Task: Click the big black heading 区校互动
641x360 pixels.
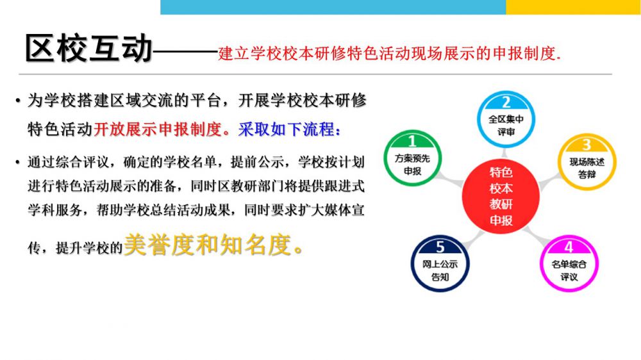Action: [x=88, y=48]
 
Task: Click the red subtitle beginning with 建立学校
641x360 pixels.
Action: [x=389, y=54]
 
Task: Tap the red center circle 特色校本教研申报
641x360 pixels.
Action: [x=501, y=197]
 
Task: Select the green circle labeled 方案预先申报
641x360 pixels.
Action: [x=412, y=158]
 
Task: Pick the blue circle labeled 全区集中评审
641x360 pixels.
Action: [x=506, y=119]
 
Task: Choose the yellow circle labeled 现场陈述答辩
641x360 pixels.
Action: [x=587, y=162]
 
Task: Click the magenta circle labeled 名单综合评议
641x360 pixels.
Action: [x=569, y=263]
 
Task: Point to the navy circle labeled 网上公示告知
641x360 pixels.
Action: [x=440, y=263]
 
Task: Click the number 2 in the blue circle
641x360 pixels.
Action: [x=506, y=102]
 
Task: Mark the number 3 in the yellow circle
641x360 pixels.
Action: [x=587, y=145]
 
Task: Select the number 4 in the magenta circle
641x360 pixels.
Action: [x=569, y=247]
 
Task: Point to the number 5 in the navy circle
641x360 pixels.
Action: [x=440, y=247]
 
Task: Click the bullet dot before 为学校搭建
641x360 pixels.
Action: [x=17, y=101]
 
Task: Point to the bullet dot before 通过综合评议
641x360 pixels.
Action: [x=17, y=163]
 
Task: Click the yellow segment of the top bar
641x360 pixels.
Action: [x=573, y=7]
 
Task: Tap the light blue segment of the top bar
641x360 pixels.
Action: [x=333, y=7]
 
